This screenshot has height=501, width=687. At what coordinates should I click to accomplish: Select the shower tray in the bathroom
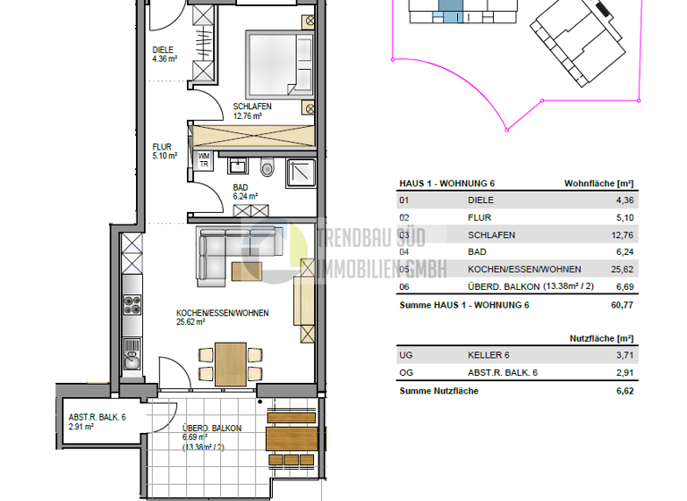pyautogui.click(x=300, y=173)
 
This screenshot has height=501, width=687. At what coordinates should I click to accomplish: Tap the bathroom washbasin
pyautogui.click(x=238, y=166)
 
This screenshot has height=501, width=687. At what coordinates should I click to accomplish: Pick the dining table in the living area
pyautogui.click(x=231, y=362)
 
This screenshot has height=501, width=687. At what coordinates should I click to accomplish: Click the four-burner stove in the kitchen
pyautogui.click(x=131, y=304)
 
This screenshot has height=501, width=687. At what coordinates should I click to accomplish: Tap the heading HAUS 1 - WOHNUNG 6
pyautogui.click(x=446, y=183)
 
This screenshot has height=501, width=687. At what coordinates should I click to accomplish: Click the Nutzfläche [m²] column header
pyautogui.click(x=601, y=338)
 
